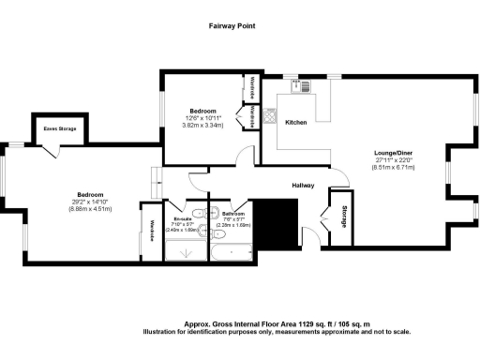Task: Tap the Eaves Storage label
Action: [59, 128]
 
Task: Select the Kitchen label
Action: [296, 123]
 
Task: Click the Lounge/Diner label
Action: [392, 152]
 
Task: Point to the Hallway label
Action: [302, 185]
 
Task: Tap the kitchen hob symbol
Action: [269, 118]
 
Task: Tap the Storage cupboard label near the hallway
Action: [344, 215]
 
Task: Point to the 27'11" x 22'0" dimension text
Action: [392, 160]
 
